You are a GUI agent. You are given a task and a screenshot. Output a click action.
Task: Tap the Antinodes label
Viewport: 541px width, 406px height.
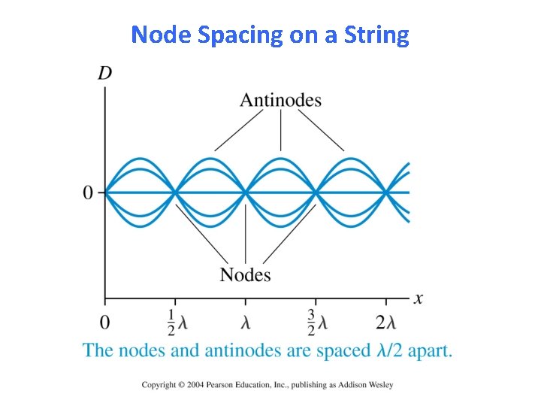point(280,100)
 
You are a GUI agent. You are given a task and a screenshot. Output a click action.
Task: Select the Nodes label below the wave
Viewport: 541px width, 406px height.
point(245,274)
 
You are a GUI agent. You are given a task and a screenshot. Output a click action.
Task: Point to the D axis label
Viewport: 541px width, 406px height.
point(105,74)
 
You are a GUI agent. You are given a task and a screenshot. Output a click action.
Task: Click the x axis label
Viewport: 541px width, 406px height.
point(418,298)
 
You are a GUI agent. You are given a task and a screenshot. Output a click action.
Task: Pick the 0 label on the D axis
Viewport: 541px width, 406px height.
point(89,193)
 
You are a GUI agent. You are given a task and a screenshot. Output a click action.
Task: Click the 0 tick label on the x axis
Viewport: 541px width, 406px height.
point(104,323)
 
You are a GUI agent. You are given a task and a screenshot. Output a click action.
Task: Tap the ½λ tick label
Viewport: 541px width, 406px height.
point(176,323)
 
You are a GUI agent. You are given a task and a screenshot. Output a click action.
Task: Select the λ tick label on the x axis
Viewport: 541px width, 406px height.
point(246,323)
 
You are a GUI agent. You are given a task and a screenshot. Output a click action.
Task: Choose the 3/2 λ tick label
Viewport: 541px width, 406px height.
point(316,323)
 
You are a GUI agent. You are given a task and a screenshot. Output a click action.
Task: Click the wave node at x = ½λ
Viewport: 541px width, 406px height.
point(175,192)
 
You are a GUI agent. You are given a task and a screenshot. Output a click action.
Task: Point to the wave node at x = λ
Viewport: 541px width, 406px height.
point(246,192)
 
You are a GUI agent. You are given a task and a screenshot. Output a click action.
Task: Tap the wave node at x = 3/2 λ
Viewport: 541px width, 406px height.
point(316,192)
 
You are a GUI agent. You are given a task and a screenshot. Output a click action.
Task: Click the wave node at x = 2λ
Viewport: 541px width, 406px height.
point(385,192)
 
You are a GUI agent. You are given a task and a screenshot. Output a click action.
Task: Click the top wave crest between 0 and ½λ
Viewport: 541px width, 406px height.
point(141,159)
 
